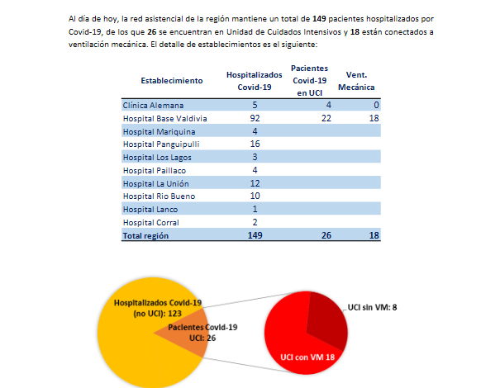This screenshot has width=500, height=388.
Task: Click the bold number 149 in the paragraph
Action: point(323,19)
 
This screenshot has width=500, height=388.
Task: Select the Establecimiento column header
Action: point(171,80)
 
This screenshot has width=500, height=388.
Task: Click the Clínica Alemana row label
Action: point(154,106)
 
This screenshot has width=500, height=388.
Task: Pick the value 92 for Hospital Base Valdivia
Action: point(255,118)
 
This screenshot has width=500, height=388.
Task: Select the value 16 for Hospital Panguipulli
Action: point(255,144)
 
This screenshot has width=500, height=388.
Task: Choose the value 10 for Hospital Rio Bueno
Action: point(255,196)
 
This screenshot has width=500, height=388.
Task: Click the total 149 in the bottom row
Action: point(254,235)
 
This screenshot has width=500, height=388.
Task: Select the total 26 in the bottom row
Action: point(326,235)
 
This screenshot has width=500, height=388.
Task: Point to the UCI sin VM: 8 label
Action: point(372,308)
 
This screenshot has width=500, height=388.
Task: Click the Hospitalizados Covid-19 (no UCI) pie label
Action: point(157,308)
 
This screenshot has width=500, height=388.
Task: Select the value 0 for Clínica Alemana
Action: point(375,106)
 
